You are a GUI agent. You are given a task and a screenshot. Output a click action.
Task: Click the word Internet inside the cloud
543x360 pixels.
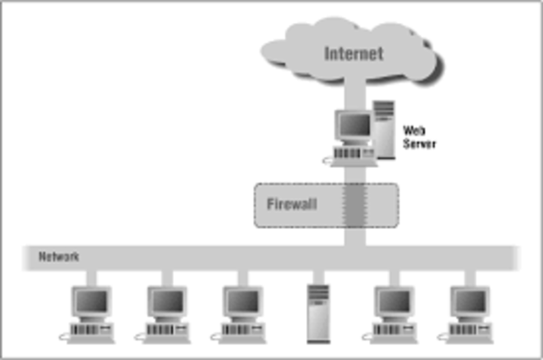354,53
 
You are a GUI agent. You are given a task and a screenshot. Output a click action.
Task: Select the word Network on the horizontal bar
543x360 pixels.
59,256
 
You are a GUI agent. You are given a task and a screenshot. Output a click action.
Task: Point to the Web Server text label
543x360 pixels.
418,138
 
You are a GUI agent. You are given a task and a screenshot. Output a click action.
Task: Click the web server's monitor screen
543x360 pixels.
353,127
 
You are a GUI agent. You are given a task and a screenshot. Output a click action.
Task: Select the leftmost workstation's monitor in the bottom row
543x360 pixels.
91,301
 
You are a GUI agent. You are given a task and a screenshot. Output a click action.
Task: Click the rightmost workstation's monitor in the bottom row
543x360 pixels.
469,301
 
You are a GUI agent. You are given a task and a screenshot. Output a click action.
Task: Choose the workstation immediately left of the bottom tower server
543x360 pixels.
242,312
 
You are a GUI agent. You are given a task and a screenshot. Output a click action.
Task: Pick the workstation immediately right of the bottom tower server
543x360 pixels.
393,312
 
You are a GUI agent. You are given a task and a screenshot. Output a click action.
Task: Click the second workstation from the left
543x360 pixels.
166,312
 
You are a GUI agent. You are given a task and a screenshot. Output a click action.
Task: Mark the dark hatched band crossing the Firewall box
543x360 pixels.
354,205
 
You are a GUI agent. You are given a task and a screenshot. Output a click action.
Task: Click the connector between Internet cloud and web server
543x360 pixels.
354,91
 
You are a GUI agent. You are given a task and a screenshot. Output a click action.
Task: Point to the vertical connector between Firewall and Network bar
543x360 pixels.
354,237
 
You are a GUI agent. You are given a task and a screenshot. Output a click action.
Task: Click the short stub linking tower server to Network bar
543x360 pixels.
318,276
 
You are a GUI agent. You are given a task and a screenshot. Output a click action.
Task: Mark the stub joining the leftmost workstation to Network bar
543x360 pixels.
91,276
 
